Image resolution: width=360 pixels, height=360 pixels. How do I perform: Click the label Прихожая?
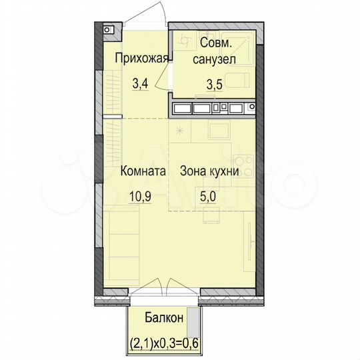point(139,58)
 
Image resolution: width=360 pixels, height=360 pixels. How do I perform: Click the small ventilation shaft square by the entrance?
point(107,30)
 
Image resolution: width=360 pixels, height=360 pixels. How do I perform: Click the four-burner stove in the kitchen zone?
point(244,163)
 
